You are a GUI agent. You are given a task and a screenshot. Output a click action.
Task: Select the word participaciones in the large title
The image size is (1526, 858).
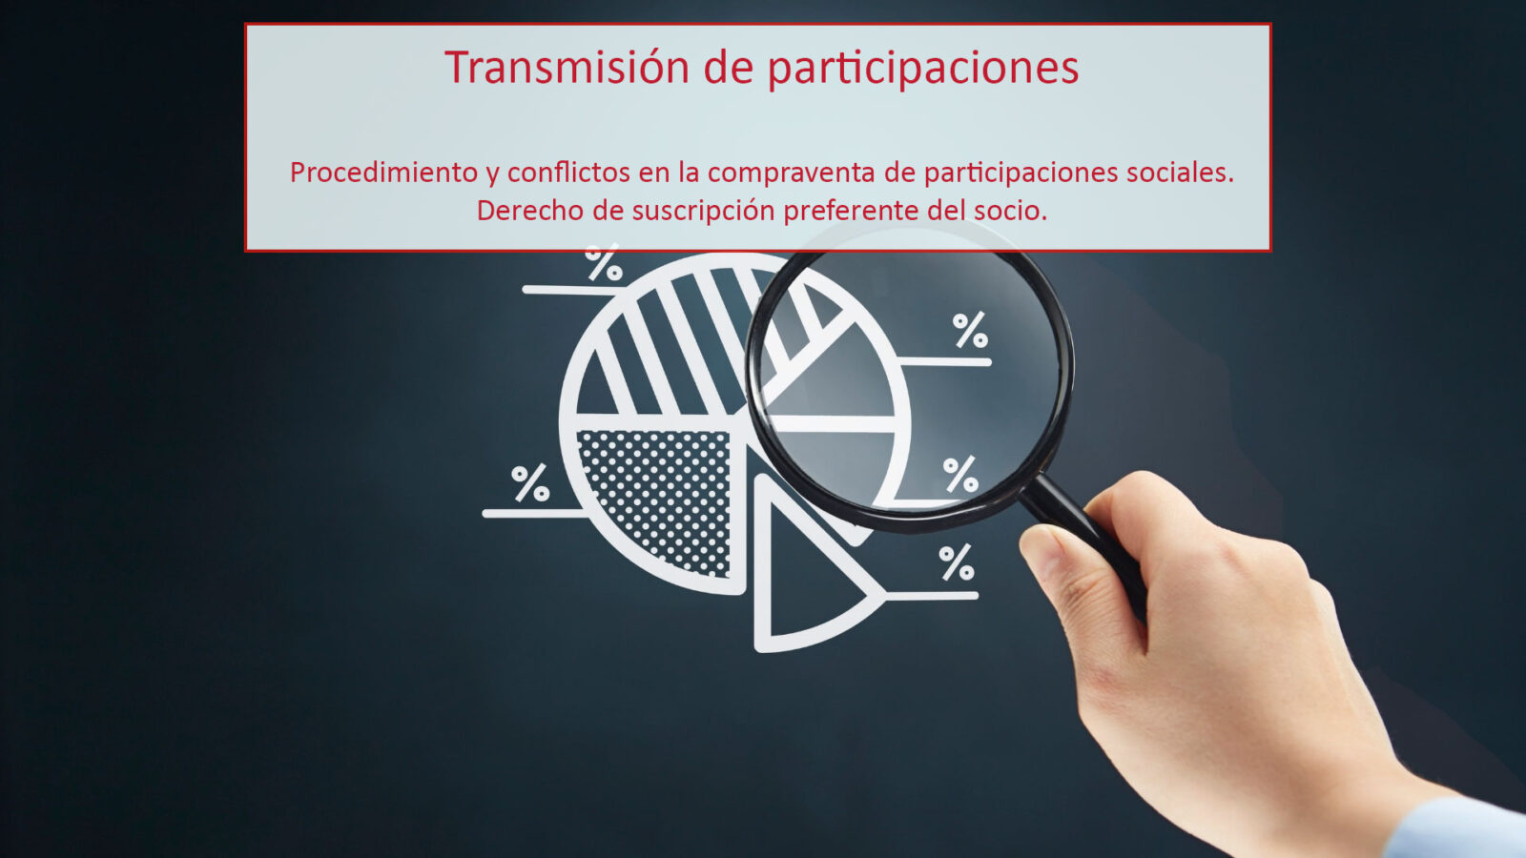[x=922, y=69]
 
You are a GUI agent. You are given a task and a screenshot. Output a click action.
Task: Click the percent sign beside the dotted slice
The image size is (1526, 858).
[x=530, y=482]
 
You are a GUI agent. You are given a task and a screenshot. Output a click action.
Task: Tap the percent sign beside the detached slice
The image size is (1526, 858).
[x=957, y=562]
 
